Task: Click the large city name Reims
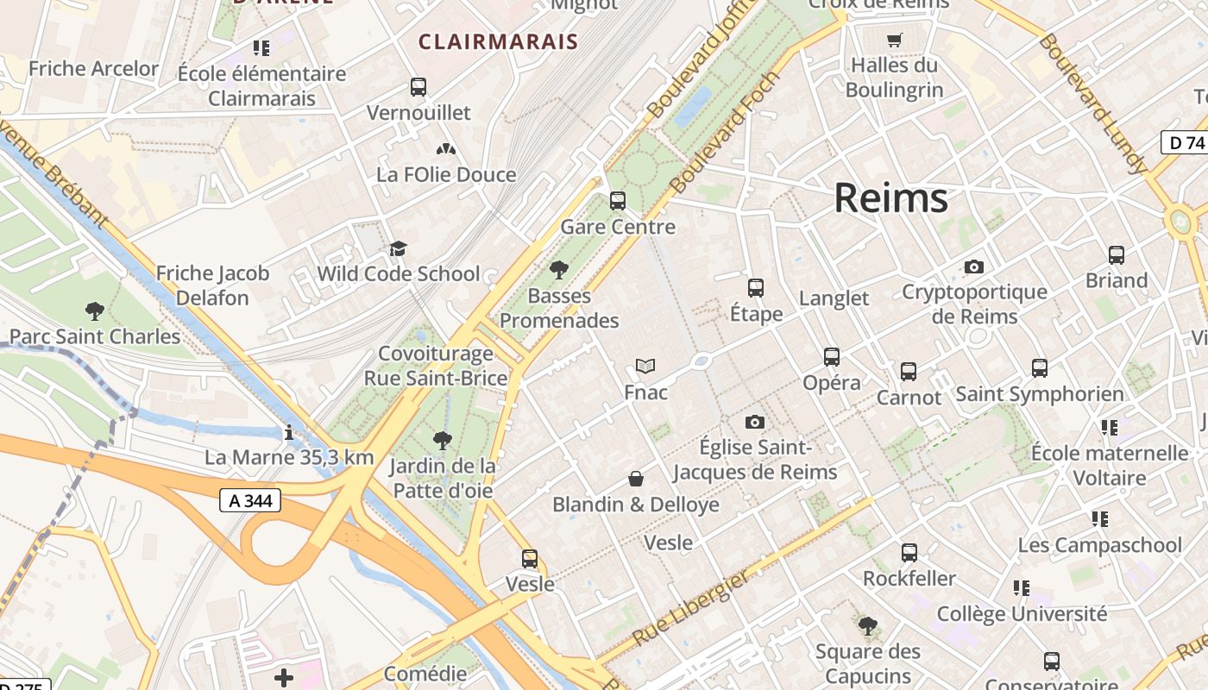[x=890, y=198]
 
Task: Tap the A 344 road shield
[x=249, y=500]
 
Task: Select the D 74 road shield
[x=1184, y=142]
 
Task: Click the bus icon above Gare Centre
[x=617, y=201]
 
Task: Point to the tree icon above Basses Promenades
[x=559, y=270]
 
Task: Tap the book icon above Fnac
[x=645, y=367]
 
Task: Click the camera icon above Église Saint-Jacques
[x=755, y=422]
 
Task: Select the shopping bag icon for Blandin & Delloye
[x=636, y=479]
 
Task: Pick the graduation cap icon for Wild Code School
[x=398, y=249]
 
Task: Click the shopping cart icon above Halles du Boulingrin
[x=894, y=40]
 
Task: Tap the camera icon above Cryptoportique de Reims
[x=974, y=267]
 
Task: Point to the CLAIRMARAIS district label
[x=498, y=41]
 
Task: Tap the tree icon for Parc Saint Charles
[x=95, y=311]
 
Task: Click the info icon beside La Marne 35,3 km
[x=288, y=432]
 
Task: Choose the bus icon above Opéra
[x=831, y=357]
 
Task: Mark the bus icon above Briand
[x=1116, y=255]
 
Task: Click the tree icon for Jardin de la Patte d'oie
[x=442, y=441]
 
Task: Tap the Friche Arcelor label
[x=93, y=69]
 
